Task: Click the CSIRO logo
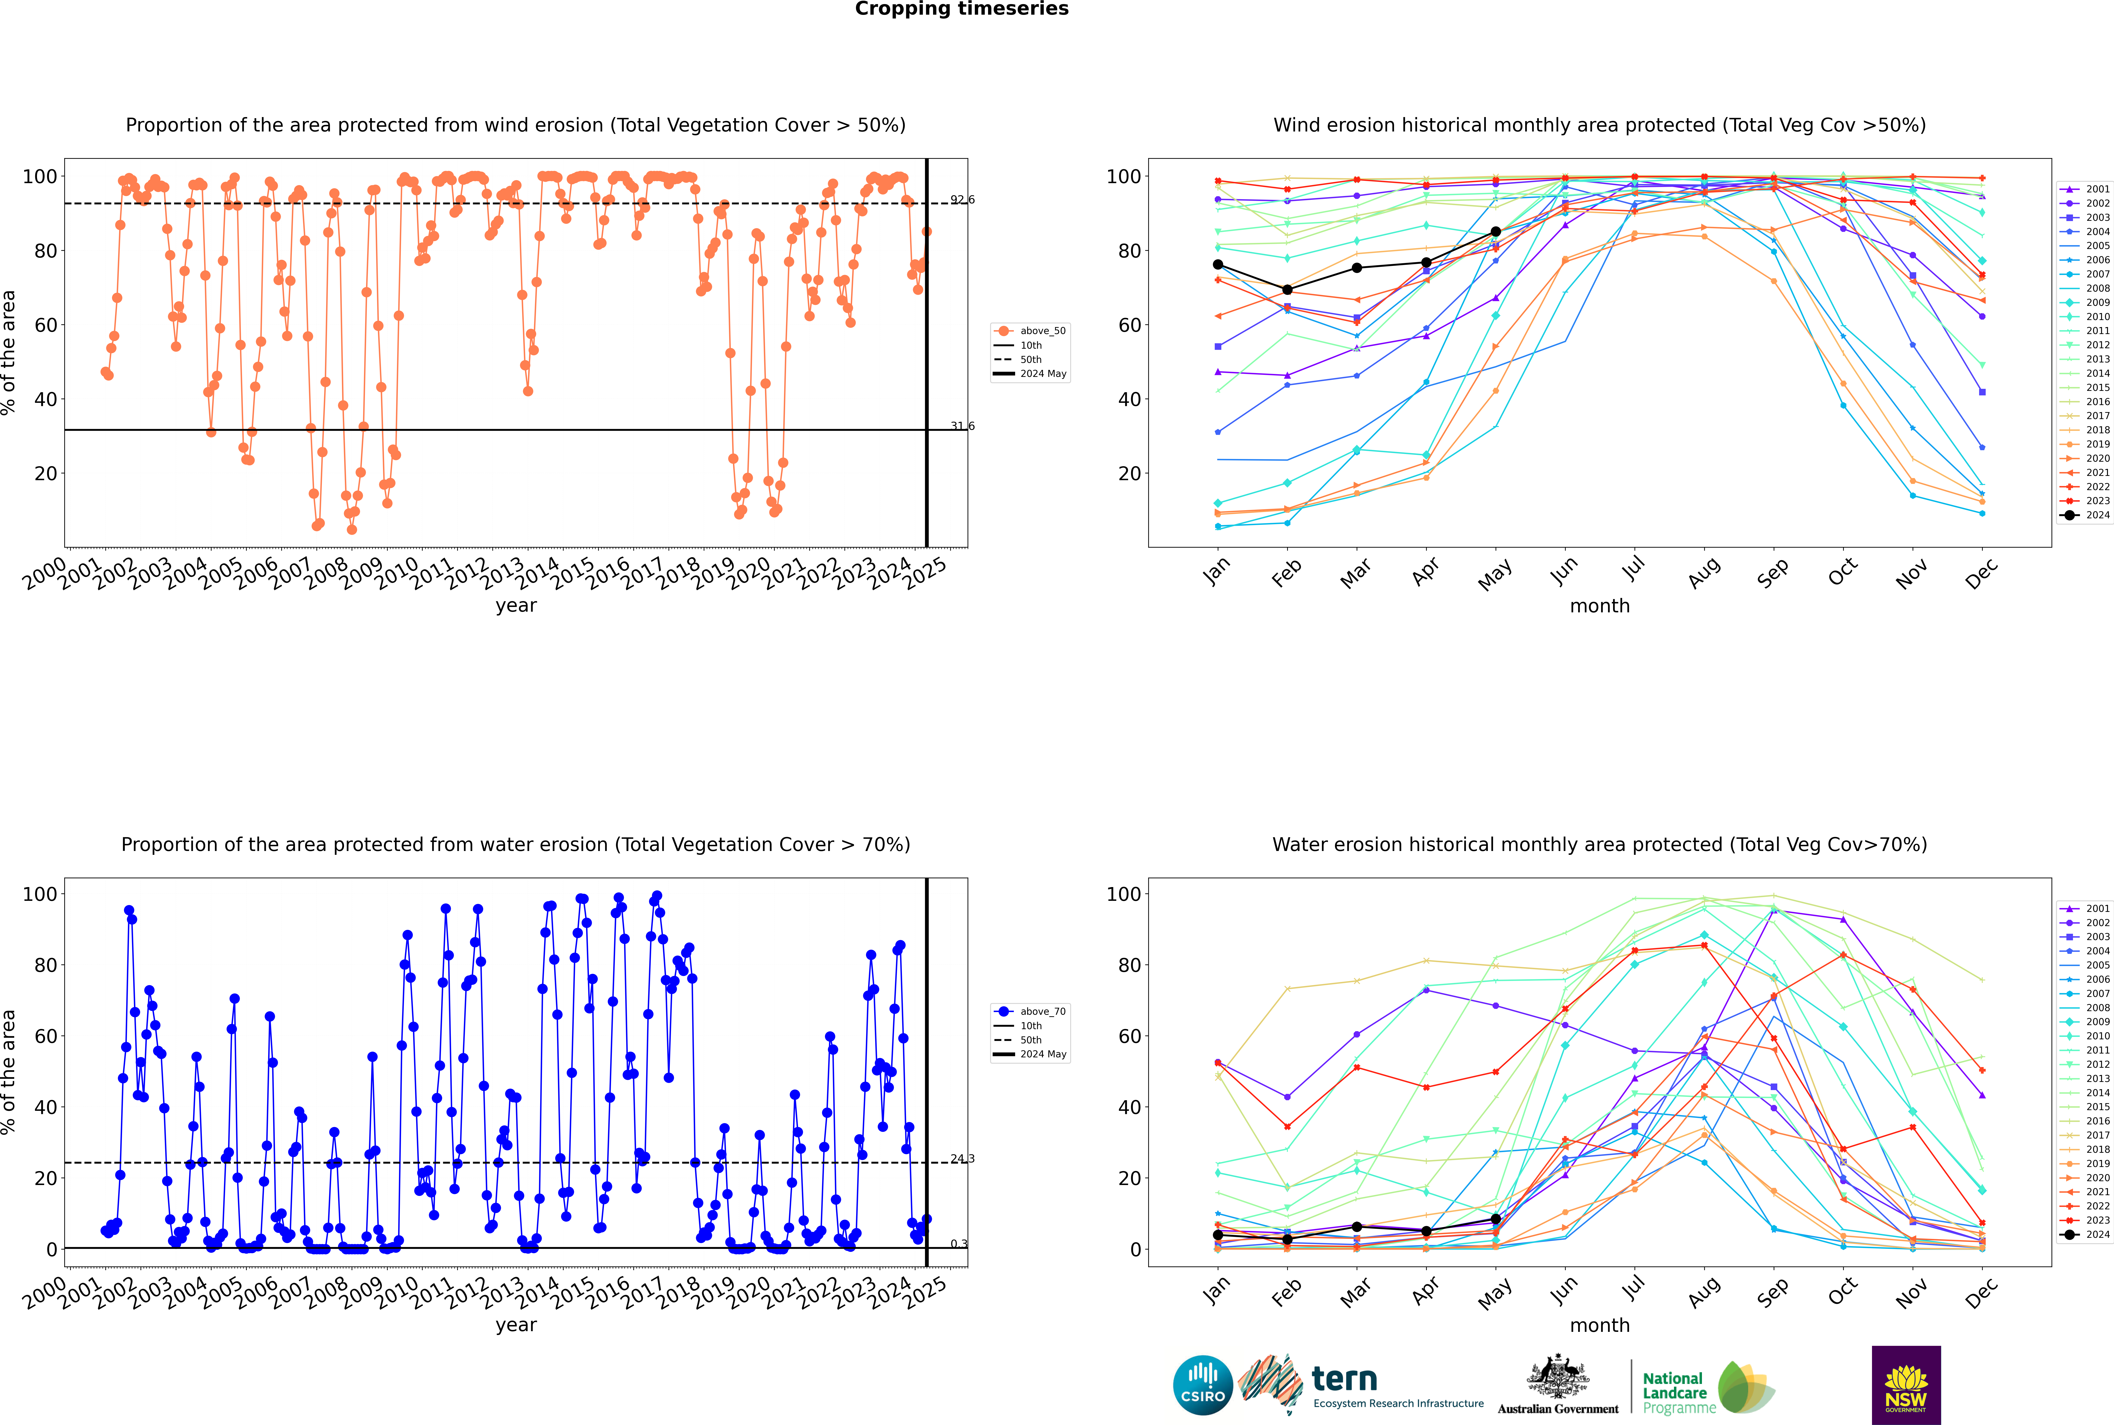pyautogui.click(x=1202, y=1385)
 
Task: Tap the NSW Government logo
pyautogui.click(x=1906, y=1385)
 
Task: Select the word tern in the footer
pyautogui.click(x=1344, y=1380)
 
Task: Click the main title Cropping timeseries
pyautogui.click(x=961, y=9)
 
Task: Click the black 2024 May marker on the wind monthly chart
pyautogui.click(x=1496, y=232)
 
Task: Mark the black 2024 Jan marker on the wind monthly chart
pyautogui.click(x=1218, y=265)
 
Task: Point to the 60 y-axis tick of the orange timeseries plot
pyautogui.click(x=45, y=325)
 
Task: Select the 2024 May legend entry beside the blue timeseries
pyautogui.click(x=1031, y=1054)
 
